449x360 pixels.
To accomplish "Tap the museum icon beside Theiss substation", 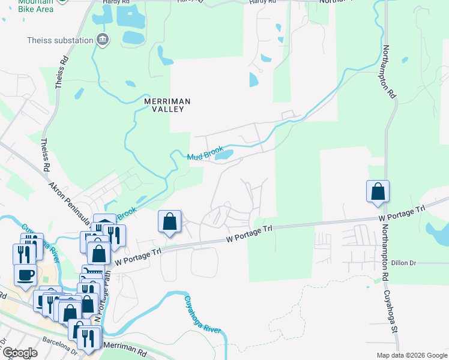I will point(103,40).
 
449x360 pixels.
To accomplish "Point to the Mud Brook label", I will point(205,153).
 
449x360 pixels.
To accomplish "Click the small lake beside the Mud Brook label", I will point(224,155).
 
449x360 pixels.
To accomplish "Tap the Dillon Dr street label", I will point(403,263).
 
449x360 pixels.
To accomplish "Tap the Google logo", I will point(19,353).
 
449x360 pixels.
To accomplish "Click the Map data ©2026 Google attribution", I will point(411,355).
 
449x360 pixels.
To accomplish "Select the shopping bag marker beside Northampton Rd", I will point(378,191).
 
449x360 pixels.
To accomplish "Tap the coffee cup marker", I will point(25,275).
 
